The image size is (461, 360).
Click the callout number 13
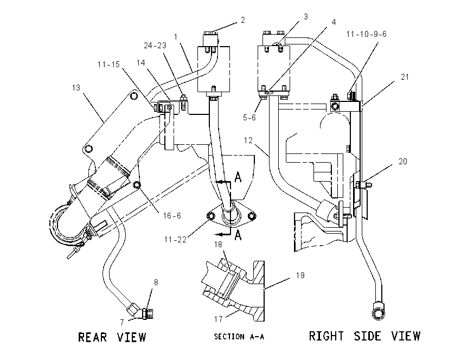point(76,88)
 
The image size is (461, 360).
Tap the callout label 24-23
point(155,45)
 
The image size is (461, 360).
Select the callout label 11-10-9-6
point(366,34)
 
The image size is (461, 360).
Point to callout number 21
point(405,76)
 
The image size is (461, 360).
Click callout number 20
point(403,162)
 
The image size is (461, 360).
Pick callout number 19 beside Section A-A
point(300,275)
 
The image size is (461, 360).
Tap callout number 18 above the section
point(218,245)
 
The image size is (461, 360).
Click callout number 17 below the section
point(218,319)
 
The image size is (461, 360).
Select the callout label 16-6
point(172,216)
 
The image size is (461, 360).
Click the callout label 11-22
point(175,240)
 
